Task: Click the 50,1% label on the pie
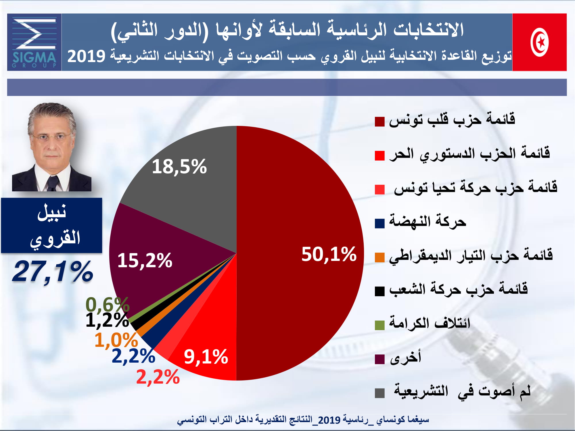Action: coord(329,255)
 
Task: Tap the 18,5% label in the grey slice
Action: coord(179,167)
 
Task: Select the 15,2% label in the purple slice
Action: coord(145,261)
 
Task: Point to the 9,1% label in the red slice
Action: coord(206,357)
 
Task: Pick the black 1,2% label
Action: coord(107,320)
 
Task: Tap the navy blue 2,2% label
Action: coord(133,356)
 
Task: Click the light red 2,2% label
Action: coord(158,377)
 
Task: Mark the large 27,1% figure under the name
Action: coord(53,272)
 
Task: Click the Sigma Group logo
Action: coord(34,42)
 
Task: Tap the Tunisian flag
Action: coord(539,42)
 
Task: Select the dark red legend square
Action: coord(379,122)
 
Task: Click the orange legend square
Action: coord(379,257)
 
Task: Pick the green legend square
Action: coord(379,326)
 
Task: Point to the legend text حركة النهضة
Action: coord(428,221)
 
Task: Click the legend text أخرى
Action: coord(405,357)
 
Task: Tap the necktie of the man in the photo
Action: coord(52,184)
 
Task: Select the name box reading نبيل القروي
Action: coord(52,225)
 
